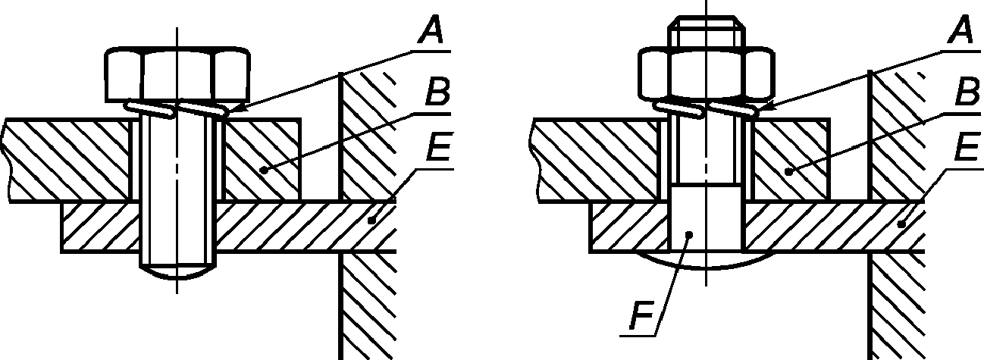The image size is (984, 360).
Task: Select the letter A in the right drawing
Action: [960, 32]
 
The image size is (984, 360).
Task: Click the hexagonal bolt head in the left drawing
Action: [177, 74]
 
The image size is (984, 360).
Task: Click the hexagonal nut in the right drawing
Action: [706, 74]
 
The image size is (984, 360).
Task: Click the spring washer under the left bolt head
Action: [177, 109]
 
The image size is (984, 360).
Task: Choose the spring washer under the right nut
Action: [706, 109]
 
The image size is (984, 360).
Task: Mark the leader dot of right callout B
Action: [788, 171]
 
